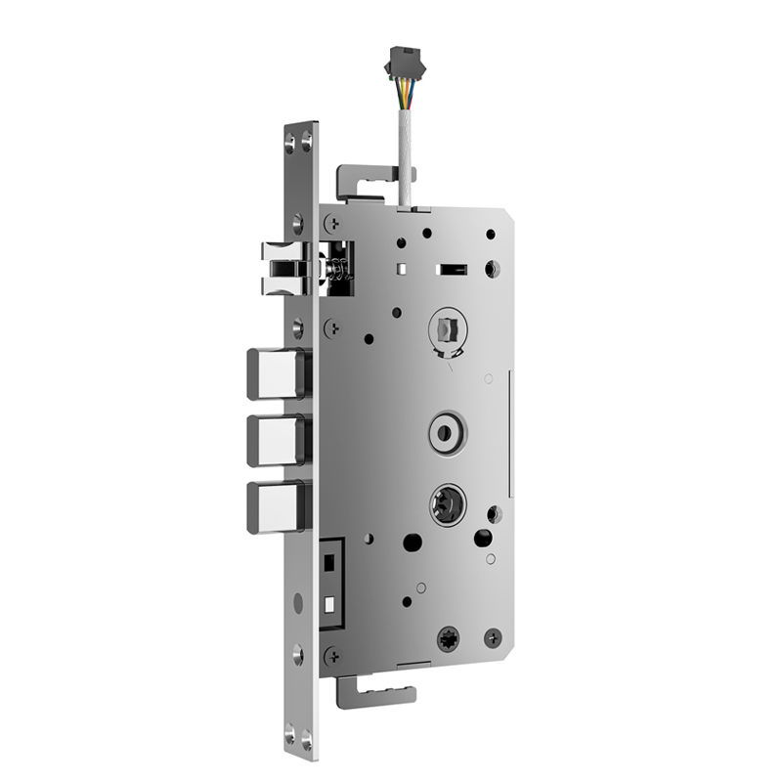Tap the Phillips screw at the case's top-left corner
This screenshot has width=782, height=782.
pos(332,224)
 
